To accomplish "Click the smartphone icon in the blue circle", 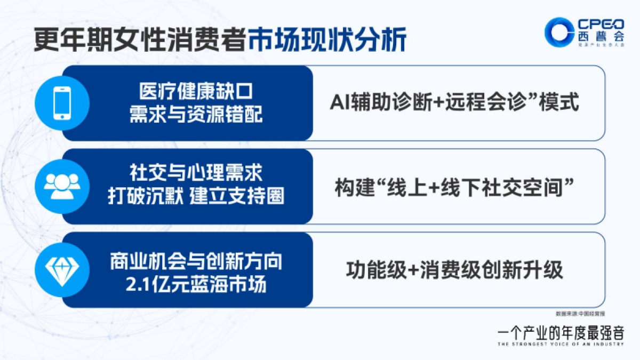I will (x=61, y=103).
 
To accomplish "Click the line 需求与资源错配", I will (x=196, y=114).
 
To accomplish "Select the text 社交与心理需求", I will (x=196, y=174).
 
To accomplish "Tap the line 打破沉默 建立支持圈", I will (x=196, y=196).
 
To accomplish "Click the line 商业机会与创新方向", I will (x=196, y=262).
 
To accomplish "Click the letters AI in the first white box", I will (x=339, y=102).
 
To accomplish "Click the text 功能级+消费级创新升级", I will (x=454, y=270).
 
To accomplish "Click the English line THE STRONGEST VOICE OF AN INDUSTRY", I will (x=559, y=345).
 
